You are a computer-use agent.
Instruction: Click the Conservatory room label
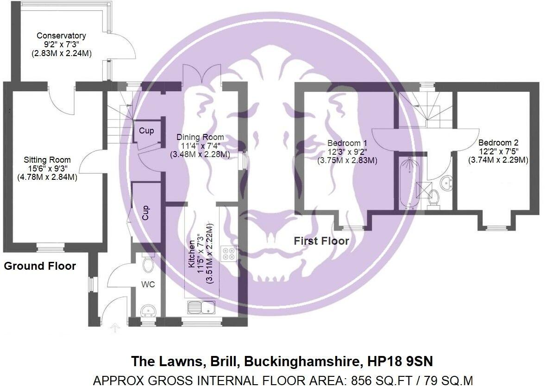[62, 36]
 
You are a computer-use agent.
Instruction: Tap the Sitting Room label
[45, 160]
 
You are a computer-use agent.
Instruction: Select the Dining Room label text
[200, 137]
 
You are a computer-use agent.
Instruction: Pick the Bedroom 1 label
[347, 143]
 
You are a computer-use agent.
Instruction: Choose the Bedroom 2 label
[497, 143]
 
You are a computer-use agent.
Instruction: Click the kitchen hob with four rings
[228, 254]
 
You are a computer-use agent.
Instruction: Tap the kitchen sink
[201, 307]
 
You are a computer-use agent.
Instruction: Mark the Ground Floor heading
[40, 266]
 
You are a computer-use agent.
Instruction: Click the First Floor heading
[321, 241]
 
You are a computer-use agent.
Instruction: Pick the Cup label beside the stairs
[147, 131]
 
